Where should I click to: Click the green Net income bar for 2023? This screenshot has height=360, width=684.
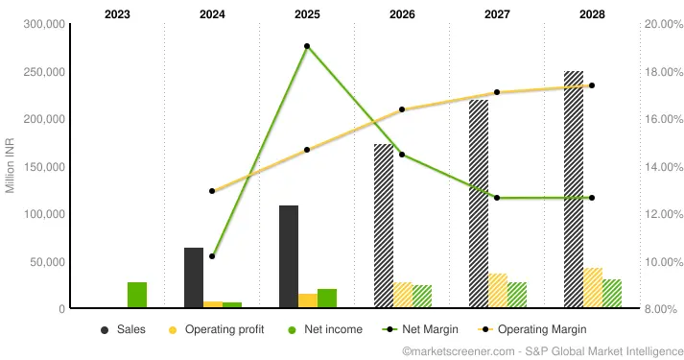(x=137, y=296)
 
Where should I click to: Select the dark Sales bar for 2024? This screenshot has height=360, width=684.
(x=194, y=278)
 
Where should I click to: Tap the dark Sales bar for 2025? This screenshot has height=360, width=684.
(x=289, y=256)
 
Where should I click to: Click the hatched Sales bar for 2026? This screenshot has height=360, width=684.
(x=384, y=227)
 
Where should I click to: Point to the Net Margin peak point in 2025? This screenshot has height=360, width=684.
(x=307, y=46)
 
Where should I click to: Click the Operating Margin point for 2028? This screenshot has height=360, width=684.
(x=592, y=85)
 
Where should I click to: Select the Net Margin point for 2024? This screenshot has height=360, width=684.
(x=212, y=256)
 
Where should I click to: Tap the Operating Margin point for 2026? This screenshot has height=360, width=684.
(x=402, y=109)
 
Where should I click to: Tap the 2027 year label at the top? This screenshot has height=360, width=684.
(x=497, y=14)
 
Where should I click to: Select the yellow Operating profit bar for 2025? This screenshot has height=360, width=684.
(x=307, y=300)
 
